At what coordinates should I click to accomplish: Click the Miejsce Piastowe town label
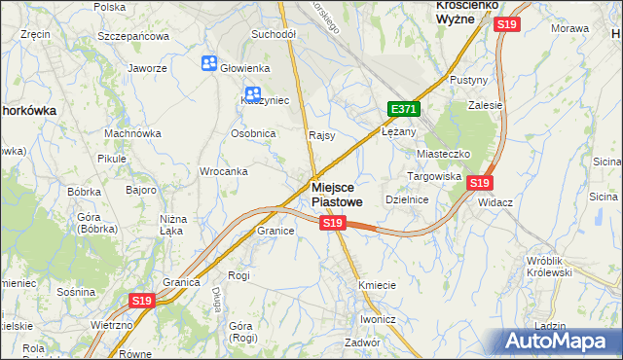[339, 194]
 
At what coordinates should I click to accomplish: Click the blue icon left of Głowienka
[209, 64]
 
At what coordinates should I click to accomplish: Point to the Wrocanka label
[223, 171]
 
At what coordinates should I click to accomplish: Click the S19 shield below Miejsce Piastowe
[333, 223]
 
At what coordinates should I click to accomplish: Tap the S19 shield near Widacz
[478, 182]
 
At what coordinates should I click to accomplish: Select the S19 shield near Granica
[142, 302]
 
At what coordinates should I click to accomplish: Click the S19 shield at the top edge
[505, 24]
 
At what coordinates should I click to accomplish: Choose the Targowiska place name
[433, 176]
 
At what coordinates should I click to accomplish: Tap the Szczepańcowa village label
[133, 36]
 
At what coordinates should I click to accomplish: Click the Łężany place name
[399, 131]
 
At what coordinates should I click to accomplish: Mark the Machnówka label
[131, 133]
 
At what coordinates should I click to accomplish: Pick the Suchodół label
[273, 34]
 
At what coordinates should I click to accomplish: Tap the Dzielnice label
[407, 198]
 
